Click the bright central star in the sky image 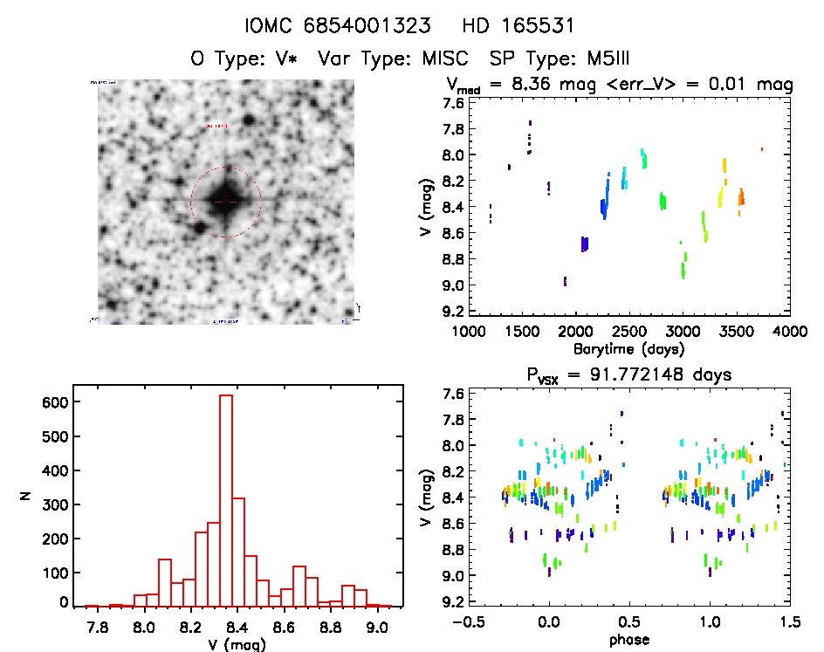tap(225, 202)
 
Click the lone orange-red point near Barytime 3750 tap(761, 149)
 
